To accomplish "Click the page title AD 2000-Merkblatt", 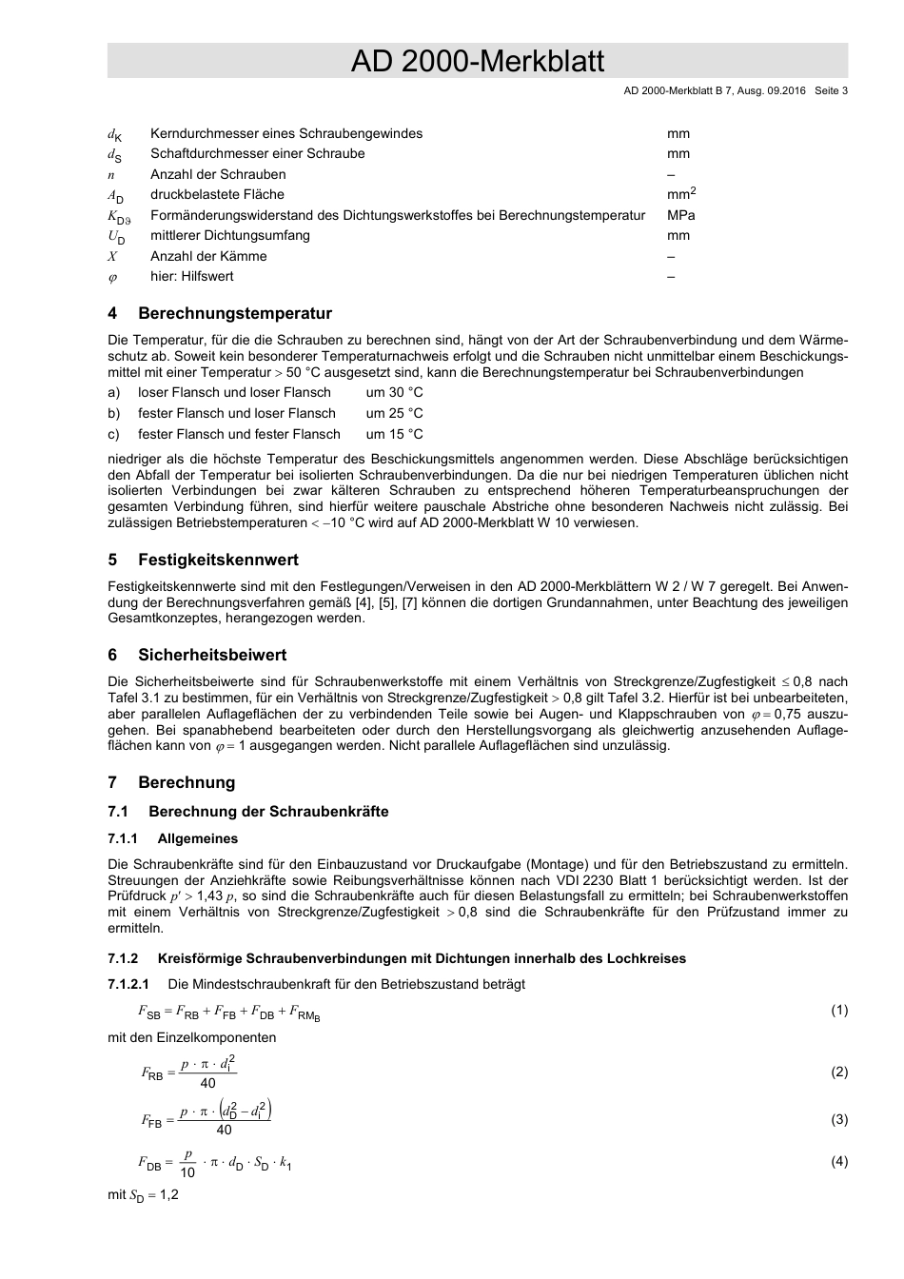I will [x=477, y=62].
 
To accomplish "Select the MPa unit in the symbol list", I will [x=680, y=215].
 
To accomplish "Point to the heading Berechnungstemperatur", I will [x=235, y=313].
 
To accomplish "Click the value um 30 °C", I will [x=394, y=392].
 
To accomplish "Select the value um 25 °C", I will [x=394, y=413].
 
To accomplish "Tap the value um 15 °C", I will [x=394, y=434].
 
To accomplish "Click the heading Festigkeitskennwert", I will [x=218, y=560].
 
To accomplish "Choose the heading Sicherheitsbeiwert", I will [x=212, y=655].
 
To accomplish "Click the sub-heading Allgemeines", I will [x=198, y=838].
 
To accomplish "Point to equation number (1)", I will [x=838, y=1010].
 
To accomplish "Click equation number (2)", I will [x=838, y=1072].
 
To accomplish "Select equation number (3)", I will [x=838, y=1119].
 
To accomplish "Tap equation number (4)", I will [x=838, y=1161].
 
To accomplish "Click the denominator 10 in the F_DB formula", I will [x=187, y=1172].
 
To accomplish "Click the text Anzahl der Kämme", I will [x=208, y=256].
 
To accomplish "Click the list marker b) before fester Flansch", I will [x=114, y=413].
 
